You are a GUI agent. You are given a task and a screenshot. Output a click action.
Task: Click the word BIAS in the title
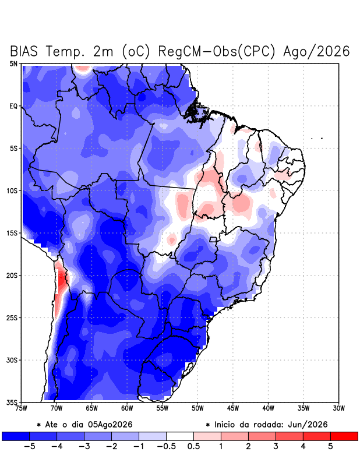point(24,51)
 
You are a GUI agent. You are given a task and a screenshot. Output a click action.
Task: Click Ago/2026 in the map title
point(316,51)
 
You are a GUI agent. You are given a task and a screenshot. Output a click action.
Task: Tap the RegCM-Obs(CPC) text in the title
point(217,51)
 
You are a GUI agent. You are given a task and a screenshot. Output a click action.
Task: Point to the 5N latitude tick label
point(13,63)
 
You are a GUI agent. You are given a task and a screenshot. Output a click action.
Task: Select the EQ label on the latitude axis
point(13,106)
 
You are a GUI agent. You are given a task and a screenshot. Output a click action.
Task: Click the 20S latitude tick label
point(12,276)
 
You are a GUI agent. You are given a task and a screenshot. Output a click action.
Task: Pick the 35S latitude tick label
point(12,403)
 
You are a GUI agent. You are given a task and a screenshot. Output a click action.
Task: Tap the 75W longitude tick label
point(22,408)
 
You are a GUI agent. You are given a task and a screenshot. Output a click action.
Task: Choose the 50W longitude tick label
point(197,408)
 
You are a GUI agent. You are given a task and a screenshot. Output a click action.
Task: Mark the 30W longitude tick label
point(338,408)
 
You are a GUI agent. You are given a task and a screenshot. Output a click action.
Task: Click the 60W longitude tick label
point(127,408)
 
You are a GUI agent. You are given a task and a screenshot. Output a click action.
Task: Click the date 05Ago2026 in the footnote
point(110,425)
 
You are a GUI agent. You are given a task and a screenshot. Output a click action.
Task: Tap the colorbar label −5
point(29,446)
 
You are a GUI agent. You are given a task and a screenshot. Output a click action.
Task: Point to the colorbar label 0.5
point(193,446)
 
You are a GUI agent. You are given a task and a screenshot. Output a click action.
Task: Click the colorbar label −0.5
point(166,446)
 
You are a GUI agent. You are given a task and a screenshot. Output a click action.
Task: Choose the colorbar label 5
point(330,446)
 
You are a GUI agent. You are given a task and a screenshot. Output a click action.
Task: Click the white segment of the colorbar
point(180,436)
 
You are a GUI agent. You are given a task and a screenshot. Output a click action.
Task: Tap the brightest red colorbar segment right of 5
point(344,436)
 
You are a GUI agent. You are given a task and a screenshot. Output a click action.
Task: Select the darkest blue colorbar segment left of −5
point(16,436)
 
